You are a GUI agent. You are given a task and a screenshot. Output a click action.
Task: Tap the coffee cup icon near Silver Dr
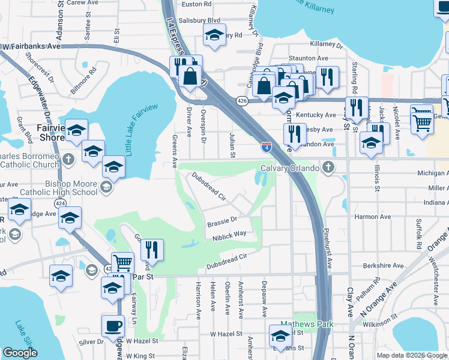coord(113,326)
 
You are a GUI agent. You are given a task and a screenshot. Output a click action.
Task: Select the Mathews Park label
coord(310,325)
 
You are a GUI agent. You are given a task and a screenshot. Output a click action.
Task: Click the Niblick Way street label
coord(229,235)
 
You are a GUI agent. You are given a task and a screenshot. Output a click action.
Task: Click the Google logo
coord(20,353)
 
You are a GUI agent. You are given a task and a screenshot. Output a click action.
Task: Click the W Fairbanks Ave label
coord(32,46)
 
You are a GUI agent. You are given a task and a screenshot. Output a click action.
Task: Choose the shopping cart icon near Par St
coord(122,262)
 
